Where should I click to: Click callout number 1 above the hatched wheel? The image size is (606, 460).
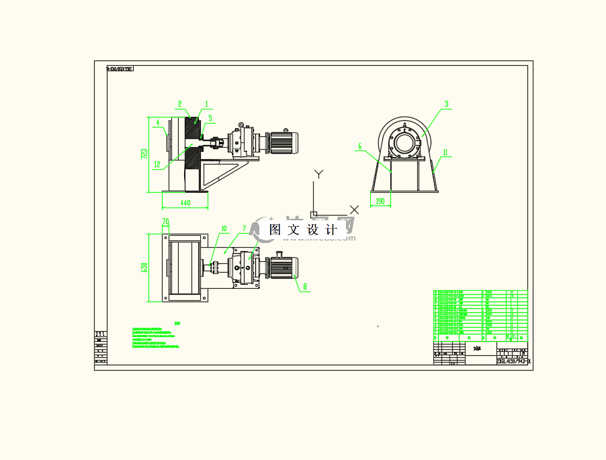(206, 104)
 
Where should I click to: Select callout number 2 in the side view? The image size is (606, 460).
(180, 104)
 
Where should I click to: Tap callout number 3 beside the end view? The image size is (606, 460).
(445, 104)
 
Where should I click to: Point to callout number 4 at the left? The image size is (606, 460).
(157, 122)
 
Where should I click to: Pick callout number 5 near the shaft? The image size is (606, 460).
(210, 118)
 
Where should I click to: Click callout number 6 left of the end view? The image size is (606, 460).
(360, 146)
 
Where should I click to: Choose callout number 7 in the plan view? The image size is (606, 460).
(244, 228)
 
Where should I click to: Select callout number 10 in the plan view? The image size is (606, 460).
(224, 228)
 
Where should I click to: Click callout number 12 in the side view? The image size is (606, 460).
(156, 164)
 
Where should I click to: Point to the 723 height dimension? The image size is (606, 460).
(144, 154)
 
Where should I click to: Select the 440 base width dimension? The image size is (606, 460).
(185, 202)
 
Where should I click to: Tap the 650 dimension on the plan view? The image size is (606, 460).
(144, 268)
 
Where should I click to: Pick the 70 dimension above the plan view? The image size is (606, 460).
(165, 220)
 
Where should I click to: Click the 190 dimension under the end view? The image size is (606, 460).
(380, 201)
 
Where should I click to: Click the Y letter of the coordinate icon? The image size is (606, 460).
(319, 174)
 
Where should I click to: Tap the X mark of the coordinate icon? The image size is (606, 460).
(354, 210)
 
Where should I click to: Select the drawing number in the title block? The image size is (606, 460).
(513, 361)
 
